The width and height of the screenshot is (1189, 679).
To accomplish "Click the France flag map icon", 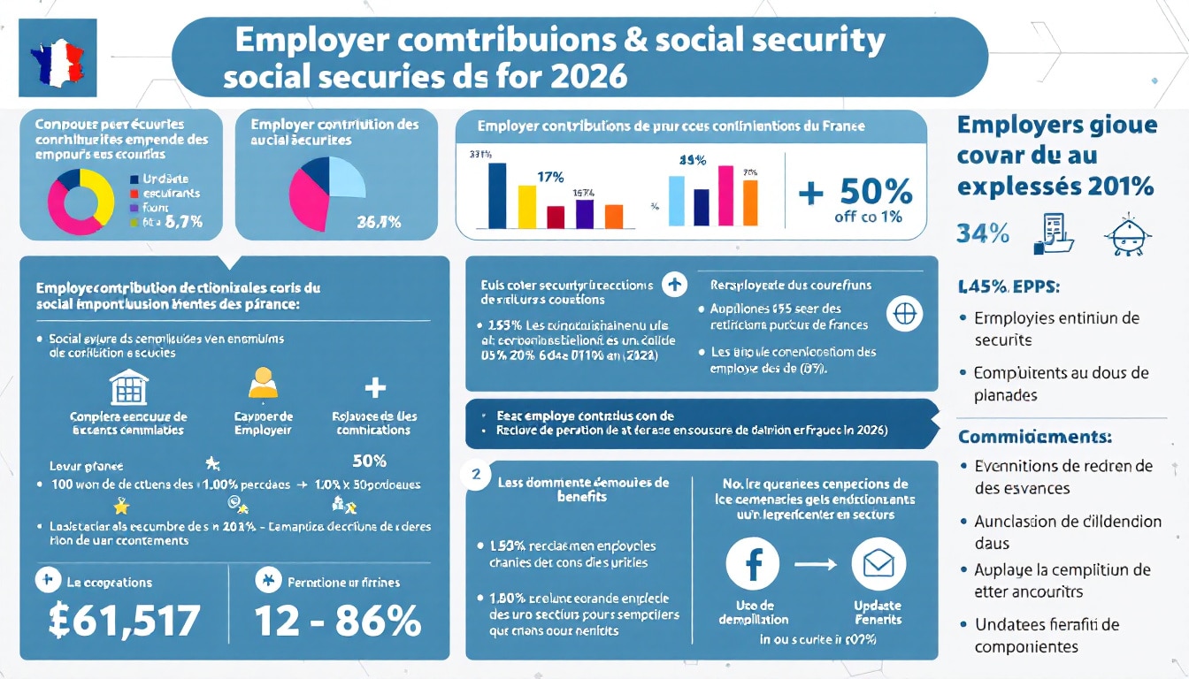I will click(58, 58).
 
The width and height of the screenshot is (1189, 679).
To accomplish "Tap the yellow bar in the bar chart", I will click(526, 207).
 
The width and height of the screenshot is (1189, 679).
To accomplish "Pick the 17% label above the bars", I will click(550, 176).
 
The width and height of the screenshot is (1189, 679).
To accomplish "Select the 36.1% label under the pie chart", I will click(379, 223).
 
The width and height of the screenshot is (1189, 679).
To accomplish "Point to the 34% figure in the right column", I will click(982, 233).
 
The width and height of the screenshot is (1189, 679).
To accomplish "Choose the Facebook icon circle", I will click(752, 565).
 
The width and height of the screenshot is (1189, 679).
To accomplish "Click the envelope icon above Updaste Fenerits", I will click(878, 565).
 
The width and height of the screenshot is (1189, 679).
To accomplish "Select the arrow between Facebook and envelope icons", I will click(815, 565).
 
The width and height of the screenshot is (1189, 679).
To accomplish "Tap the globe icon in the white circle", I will click(904, 314).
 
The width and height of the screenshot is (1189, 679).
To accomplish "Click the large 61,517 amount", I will click(124, 621).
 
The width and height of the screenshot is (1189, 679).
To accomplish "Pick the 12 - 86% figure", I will click(337, 621).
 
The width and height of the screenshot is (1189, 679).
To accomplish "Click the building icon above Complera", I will click(128, 387).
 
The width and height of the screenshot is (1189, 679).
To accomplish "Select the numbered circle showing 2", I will click(476, 474).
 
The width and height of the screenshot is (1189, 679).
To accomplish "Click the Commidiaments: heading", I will click(1034, 437).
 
